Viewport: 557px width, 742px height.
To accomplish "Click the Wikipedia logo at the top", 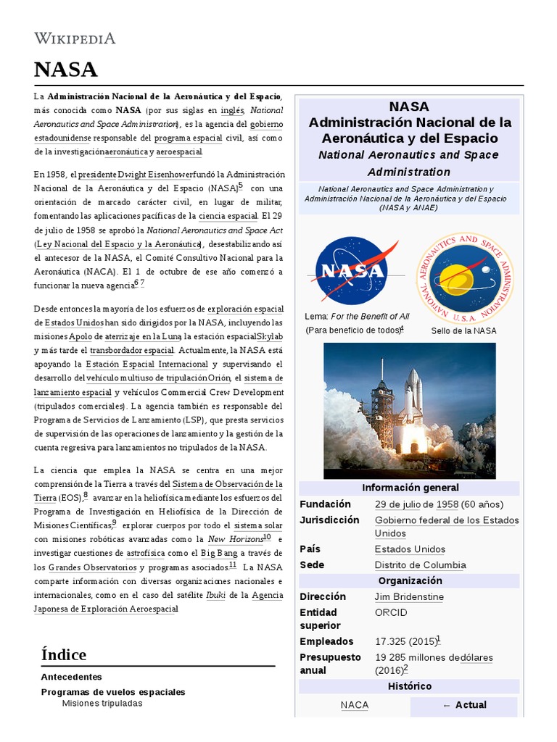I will coord(75,38).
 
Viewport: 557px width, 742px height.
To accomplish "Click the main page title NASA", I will coord(65,70).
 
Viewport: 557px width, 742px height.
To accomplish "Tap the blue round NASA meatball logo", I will coord(352,270).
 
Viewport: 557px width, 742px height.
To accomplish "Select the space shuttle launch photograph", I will coord(409,411).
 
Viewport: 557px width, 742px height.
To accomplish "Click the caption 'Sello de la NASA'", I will coord(463,331).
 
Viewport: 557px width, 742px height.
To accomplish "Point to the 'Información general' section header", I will coord(410,488).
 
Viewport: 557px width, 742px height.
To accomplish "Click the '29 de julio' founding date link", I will coord(397,504).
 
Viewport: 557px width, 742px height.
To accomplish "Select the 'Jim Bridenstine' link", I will coord(409,597).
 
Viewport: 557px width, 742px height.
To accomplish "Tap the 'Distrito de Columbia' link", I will coord(420,565).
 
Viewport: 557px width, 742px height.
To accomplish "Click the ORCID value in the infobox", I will coord(391,613).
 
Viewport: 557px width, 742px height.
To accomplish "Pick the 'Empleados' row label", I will coord(326,642).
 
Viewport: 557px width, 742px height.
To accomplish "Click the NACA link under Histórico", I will coord(355,706).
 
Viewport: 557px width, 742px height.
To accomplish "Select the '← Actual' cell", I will coord(464,706).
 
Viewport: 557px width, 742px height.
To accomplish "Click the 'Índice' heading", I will coord(64,655).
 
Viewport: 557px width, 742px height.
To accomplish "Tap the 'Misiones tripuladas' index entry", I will coord(102,704).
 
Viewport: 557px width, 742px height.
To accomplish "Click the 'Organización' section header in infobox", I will coord(410,581).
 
